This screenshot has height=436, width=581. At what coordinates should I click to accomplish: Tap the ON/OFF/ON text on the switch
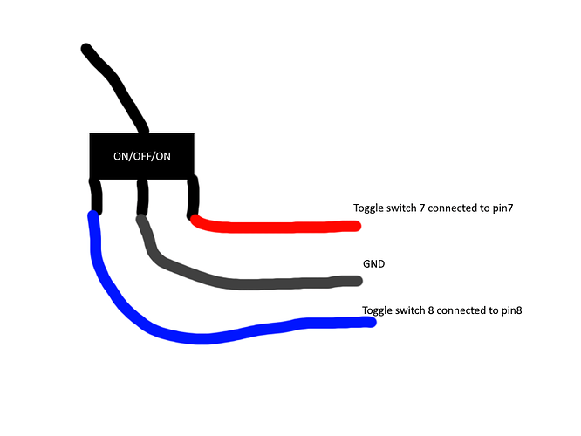(x=141, y=157)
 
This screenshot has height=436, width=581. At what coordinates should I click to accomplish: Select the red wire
(x=279, y=227)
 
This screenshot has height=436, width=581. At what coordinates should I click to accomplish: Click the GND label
(x=374, y=262)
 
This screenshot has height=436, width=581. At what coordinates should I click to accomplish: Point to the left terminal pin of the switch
(x=96, y=195)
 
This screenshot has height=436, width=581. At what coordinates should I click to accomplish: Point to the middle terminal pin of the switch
(x=141, y=195)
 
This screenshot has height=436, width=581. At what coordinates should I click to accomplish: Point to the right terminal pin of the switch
(x=192, y=194)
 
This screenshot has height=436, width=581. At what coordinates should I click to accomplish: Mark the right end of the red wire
(x=356, y=226)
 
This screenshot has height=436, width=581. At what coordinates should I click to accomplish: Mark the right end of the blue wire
(x=372, y=322)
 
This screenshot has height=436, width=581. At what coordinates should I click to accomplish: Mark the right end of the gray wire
(x=357, y=281)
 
